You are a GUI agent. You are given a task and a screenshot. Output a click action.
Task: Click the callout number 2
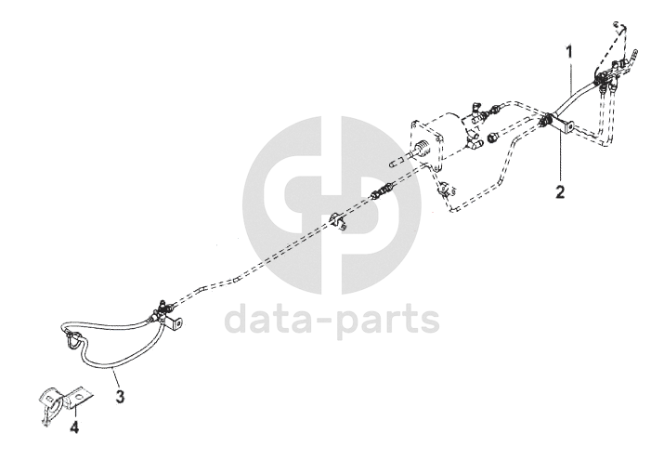pyautogui.click(x=559, y=192)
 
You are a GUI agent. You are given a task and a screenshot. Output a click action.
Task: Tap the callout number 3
pyautogui.click(x=119, y=396)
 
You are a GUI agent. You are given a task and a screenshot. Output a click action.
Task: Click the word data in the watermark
pyautogui.click(x=277, y=320)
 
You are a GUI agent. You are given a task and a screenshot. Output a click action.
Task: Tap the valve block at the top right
pyautogui.click(x=608, y=74)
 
